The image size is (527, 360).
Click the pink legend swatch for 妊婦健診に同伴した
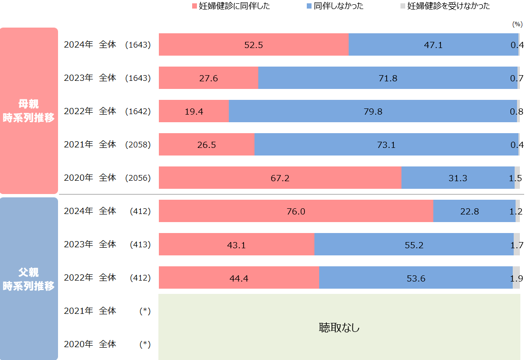194,7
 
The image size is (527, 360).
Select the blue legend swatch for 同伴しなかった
309,7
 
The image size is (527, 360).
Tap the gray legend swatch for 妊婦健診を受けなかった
402,7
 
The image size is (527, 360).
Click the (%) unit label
517,24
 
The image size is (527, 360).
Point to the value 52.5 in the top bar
254,45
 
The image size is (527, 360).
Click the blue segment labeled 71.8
388,78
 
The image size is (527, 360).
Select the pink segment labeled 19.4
194,112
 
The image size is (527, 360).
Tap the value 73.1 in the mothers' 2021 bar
386,145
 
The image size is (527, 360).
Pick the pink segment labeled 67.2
280,178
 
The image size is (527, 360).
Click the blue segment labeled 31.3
458,178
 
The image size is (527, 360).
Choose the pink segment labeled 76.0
296,212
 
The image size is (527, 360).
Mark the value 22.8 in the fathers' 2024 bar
469,212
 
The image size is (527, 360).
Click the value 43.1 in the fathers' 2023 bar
236,245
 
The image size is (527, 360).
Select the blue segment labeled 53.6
416,278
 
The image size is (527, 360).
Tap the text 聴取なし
339,328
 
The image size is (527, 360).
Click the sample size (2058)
137,145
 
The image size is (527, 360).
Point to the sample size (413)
140,244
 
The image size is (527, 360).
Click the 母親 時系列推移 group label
29,111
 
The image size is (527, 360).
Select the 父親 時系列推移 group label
29,279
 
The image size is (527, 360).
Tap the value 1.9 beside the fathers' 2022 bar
516,278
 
